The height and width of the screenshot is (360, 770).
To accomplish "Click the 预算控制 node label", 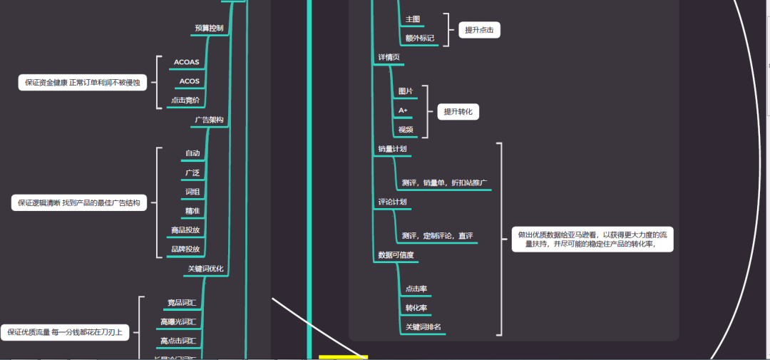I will [x=209, y=29].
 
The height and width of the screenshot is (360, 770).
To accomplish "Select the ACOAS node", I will [x=186, y=62].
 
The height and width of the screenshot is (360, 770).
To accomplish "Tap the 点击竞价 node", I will [x=185, y=101].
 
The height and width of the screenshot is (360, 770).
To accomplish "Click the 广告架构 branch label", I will [x=209, y=120].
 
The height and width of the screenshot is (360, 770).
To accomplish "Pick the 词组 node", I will [x=192, y=191].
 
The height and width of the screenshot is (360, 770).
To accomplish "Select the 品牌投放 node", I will [x=185, y=250].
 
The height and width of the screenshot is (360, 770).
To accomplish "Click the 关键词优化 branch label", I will [x=205, y=269].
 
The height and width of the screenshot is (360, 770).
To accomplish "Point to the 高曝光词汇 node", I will [x=178, y=322].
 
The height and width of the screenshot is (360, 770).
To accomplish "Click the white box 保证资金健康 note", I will [x=82, y=83].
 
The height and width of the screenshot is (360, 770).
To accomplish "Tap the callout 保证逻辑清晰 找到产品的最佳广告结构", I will [x=78, y=203].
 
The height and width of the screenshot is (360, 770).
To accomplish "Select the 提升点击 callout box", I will [x=479, y=30].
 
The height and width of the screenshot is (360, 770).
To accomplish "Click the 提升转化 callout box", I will [x=458, y=112].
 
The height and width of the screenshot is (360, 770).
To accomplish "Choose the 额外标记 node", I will [x=419, y=38].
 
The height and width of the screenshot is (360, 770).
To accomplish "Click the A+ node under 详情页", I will [x=403, y=110].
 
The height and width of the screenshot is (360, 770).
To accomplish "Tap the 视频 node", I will [x=406, y=130].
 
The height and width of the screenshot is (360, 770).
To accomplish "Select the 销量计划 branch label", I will [x=392, y=149].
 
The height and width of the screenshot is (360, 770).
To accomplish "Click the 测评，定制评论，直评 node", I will [x=437, y=236].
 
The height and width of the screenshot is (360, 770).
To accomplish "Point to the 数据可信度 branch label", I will [x=396, y=254].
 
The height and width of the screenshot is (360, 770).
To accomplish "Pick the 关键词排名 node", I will [x=423, y=327].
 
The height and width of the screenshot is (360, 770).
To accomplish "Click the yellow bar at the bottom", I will [x=343, y=356].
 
